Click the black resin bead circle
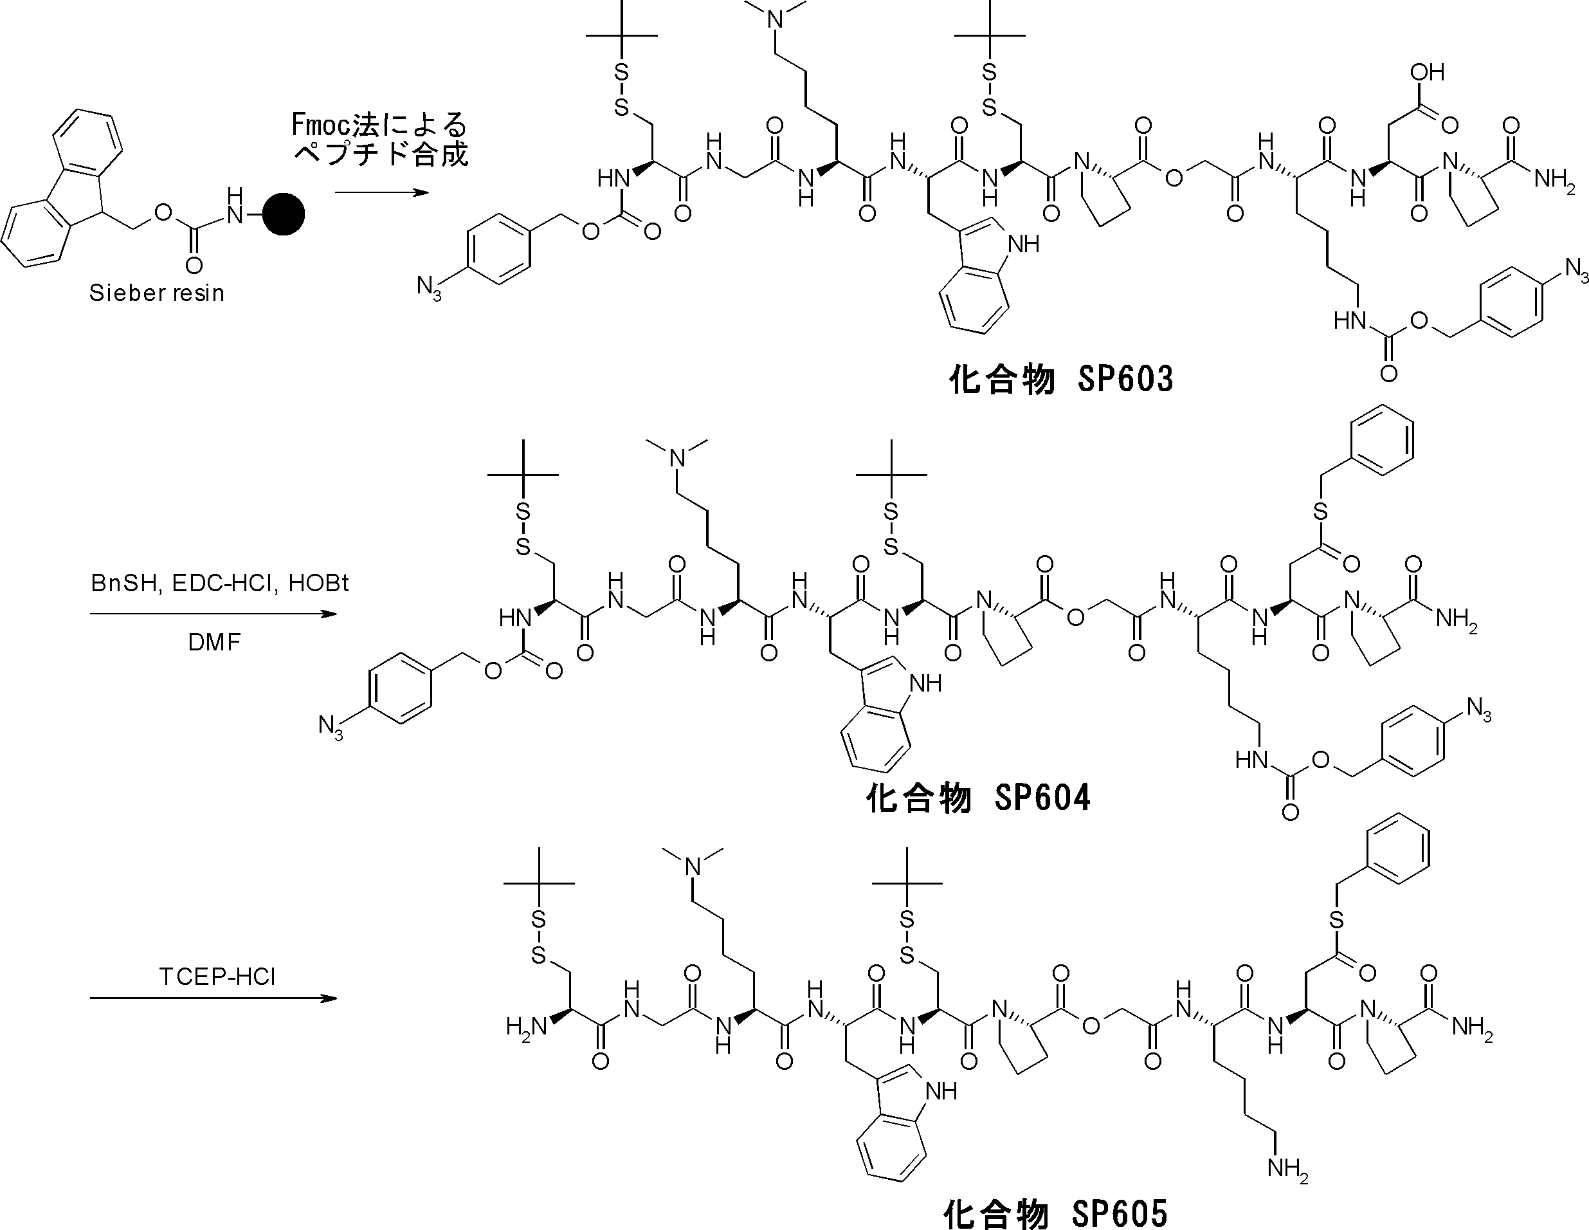pyautogui.click(x=283, y=214)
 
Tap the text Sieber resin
pyautogui.click(x=156, y=293)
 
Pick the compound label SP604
pyautogui.click(x=978, y=798)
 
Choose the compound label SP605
pyautogui.click(x=1055, y=1213)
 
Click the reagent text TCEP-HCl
pyautogui.click(x=217, y=977)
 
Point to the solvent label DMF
pyautogui.click(x=214, y=643)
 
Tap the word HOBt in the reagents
pyautogui.click(x=319, y=583)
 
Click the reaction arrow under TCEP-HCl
pyautogui.click(x=213, y=998)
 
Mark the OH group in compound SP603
pyautogui.click(x=1427, y=73)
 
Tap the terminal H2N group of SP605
pyautogui.click(x=526, y=1027)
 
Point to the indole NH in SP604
pyautogui.click(x=925, y=683)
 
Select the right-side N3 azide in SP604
pyautogui.click(x=1478, y=708)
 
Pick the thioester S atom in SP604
pyautogui.click(x=1320, y=512)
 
